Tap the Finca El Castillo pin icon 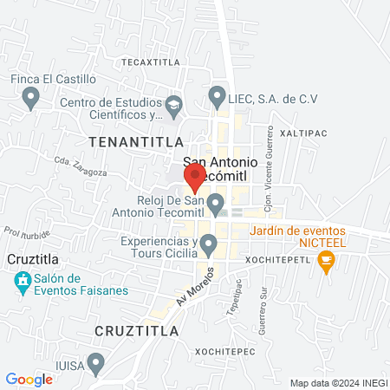pyautogui.click(x=31, y=97)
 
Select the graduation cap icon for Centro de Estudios pyautogui.click(x=173, y=105)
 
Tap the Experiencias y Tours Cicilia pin pyautogui.click(x=208, y=246)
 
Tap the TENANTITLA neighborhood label pyautogui.click(x=135, y=140)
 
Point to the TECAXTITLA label pyautogui.click(x=149, y=62)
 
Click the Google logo pyautogui.click(x=29, y=379)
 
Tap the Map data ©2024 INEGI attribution pyautogui.click(x=337, y=382)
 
